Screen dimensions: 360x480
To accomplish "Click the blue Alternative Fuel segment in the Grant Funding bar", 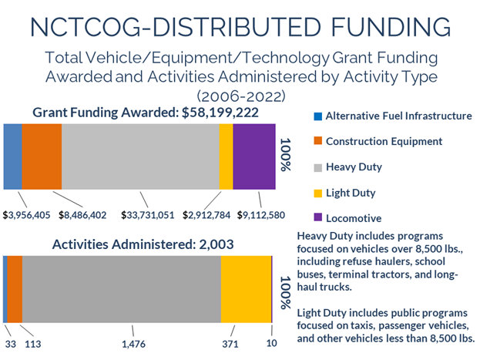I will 12,156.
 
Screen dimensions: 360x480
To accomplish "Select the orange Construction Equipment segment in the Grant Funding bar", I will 42,156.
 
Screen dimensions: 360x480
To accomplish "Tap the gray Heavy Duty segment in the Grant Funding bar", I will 140,156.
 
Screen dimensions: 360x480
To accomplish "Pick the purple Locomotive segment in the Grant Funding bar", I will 254,156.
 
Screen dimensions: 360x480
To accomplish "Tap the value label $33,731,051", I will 148,214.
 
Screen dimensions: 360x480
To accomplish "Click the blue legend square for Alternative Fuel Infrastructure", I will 317,116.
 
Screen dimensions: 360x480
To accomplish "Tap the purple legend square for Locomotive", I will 317,218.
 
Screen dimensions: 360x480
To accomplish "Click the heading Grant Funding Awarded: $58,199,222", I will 145,113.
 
